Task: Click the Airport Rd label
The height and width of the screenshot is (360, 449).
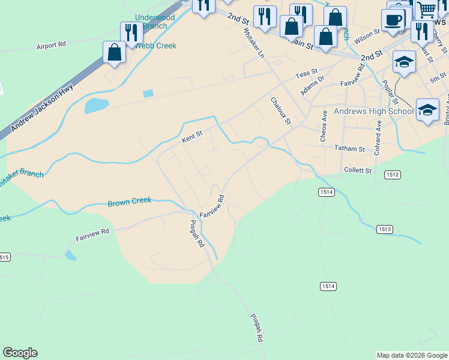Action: point(51,46)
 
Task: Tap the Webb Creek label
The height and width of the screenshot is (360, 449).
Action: point(155,46)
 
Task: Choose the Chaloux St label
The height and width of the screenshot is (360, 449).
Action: point(280,111)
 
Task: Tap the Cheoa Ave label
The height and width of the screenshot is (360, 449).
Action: point(323,125)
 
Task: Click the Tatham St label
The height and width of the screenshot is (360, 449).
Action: point(349,148)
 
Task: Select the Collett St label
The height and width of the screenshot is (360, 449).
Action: point(358,170)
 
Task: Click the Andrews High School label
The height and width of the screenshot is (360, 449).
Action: point(373,111)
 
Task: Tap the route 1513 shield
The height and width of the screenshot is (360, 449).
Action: point(385,229)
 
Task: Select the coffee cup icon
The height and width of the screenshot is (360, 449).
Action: point(394,20)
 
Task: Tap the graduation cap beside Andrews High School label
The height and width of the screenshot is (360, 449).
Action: point(427,110)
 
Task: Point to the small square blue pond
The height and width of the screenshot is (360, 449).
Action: point(148,94)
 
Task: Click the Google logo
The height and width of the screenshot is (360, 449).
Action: point(20,353)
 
